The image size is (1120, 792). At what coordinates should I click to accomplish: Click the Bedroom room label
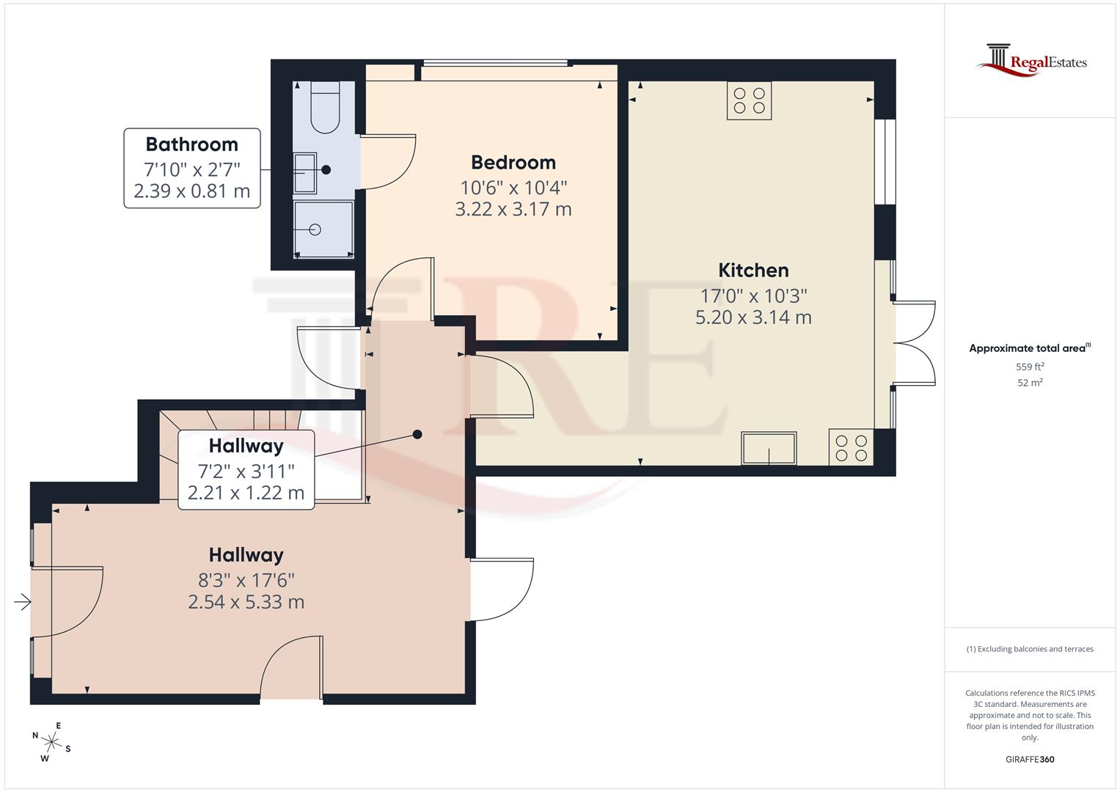[513, 162]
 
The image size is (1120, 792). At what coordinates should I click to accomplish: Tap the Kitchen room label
[753, 270]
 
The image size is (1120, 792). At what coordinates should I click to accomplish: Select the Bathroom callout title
[191, 144]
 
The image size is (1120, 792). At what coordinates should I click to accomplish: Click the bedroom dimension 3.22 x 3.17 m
[513, 209]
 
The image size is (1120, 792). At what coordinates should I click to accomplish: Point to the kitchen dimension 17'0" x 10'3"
[753, 296]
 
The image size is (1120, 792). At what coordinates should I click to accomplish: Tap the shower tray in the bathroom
[323, 230]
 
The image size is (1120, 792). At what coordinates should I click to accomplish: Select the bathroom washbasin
[304, 173]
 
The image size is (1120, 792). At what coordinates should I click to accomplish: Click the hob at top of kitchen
[749, 100]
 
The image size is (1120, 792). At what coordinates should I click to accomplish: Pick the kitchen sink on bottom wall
[769, 448]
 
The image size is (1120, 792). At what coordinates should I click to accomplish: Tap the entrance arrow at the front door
[22, 602]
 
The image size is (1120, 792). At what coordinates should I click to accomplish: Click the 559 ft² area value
[1030, 367]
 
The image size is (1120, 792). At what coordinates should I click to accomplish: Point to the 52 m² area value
[1030, 383]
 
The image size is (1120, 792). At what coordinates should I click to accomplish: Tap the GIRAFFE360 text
[1030, 760]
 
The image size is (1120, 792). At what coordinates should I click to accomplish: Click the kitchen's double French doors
[914, 342]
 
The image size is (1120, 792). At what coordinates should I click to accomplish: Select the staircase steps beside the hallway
[242, 422]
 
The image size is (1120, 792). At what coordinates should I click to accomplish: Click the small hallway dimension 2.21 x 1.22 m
[246, 493]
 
